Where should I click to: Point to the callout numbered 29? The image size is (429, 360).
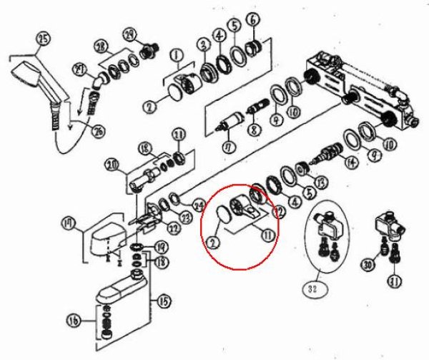pos(129,35)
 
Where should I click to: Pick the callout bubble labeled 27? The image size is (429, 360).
pos(78,69)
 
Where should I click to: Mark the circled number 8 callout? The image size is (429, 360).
pos(252,130)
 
